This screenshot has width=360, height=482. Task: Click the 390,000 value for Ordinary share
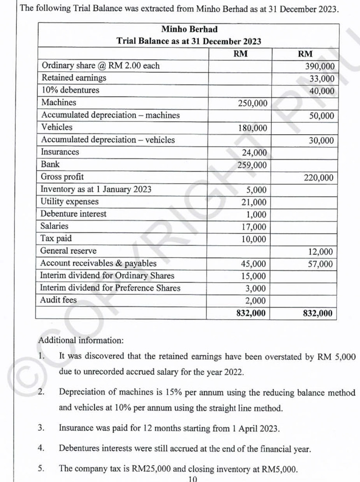(x=319, y=66)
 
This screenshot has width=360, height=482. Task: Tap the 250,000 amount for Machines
(x=252, y=103)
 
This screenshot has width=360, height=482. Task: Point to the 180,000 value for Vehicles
(x=252, y=128)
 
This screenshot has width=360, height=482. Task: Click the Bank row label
(x=50, y=164)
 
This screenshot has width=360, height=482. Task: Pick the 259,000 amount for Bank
(x=252, y=165)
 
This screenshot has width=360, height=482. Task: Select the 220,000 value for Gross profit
(x=319, y=177)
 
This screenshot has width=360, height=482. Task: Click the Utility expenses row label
(x=69, y=202)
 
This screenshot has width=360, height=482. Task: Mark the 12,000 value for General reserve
(x=321, y=252)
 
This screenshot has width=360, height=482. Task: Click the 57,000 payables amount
(x=321, y=264)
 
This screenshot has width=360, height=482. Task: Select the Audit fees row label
(x=59, y=300)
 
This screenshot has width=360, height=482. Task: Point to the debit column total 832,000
(x=251, y=313)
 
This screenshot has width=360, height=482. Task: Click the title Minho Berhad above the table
(x=189, y=29)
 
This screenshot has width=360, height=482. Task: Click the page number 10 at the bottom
(x=193, y=478)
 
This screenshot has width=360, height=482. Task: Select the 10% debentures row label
(x=70, y=90)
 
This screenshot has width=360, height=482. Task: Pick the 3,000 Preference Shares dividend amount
(x=256, y=288)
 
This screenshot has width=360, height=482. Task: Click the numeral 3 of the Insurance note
(x=41, y=427)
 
